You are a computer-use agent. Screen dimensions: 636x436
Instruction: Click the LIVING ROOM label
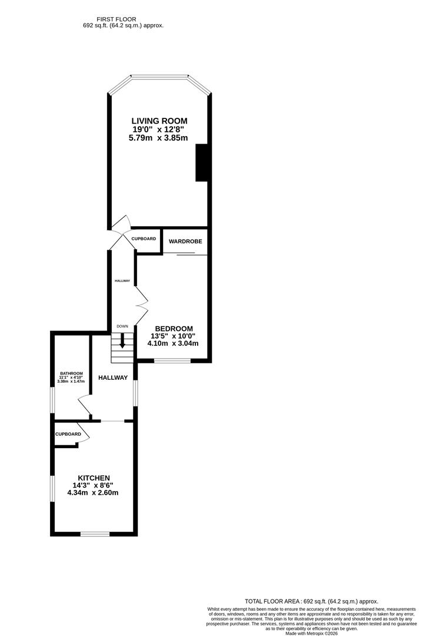(x=159, y=121)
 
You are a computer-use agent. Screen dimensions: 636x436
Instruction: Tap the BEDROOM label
(x=174, y=329)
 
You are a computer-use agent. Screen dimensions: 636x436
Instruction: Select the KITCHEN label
(x=95, y=478)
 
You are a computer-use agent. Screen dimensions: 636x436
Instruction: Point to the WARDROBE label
(x=185, y=241)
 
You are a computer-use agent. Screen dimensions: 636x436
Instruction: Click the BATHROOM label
(x=71, y=373)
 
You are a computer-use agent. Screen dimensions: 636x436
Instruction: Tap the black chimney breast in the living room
(x=202, y=162)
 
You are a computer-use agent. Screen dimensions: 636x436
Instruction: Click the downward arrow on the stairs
(x=122, y=340)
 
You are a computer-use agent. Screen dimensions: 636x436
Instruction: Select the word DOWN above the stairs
(x=122, y=326)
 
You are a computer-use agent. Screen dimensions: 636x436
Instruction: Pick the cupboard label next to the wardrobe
(x=144, y=238)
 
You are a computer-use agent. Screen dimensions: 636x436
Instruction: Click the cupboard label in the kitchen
(x=68, y=434)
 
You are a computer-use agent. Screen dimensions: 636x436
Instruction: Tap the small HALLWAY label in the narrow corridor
(x=122, y=280)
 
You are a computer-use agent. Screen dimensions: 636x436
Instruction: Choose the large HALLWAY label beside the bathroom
(x=112, y=377)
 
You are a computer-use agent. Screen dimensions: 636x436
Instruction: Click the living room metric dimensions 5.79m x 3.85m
(x=158, y=138)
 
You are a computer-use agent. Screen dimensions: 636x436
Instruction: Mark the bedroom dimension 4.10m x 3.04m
(x=173, y=343)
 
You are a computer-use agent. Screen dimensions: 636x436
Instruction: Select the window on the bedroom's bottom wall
(x=172, y=360)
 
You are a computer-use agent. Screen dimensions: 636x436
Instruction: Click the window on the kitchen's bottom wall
(x=95, y=534)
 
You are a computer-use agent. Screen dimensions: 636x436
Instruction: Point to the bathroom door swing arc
(x=84, y=406)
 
